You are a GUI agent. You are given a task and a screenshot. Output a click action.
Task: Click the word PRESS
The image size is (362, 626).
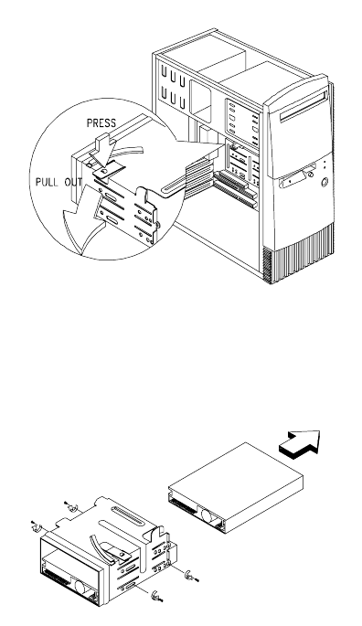coord(101,123)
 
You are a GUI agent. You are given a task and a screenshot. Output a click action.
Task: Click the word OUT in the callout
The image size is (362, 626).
coord(73,182)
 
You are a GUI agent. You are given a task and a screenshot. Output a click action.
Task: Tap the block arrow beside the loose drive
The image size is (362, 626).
coord(301,442)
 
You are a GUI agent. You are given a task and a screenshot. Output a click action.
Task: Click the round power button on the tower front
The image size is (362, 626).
coord(325,183)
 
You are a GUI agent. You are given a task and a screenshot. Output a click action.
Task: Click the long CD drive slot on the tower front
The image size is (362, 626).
coord(303,106)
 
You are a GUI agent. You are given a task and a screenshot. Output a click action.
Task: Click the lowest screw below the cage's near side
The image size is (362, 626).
coord(156,597)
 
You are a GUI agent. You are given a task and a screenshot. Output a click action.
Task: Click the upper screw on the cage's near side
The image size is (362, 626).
coord(191,577)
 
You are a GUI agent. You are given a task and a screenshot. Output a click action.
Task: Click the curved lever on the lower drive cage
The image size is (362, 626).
coord(100,546)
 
